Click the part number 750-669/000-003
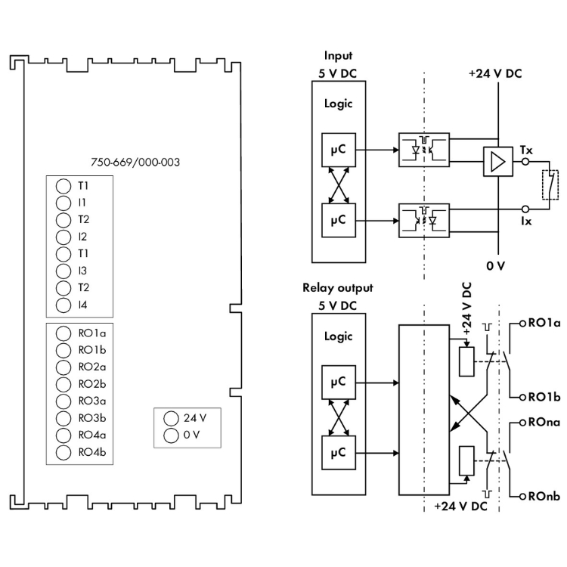click(135, 162)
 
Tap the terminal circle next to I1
click(64, 203)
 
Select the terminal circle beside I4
click(64, 305)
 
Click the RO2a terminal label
click(91, 367)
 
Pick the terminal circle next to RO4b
click(64, 453)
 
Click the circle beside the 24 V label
click(170, 417)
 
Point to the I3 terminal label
click(82, 271)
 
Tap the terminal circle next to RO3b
click(64, 418)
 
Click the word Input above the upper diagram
click(338, 56)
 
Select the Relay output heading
click(337, 288)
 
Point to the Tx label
click(526, 150)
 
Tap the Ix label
click(526, 221)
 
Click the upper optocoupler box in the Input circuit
click(423, 150)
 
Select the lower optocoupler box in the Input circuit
click(423, 219)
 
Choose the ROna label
click(544, 423)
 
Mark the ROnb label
click(544, 496)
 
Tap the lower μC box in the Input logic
click(338, 219)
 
